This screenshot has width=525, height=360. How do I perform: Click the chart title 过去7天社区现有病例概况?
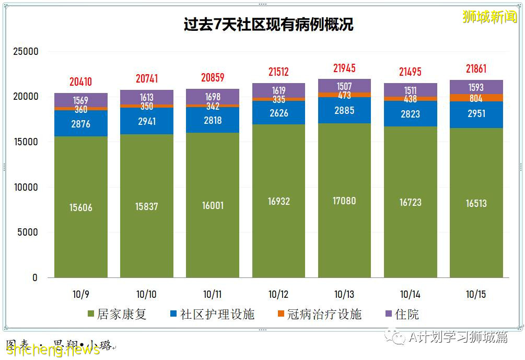point(268,24)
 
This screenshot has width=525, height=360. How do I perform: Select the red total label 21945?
point(344,68)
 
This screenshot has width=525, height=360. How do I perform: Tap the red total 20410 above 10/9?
point(80,82)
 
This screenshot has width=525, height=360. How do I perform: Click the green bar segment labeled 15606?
point(80,207)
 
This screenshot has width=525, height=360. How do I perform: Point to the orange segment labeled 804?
point(476,98)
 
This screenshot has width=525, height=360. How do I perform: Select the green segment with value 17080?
point(344,201)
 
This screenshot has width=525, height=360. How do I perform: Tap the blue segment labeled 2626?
point(278,113)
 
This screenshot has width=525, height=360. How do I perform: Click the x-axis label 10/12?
point(278,295)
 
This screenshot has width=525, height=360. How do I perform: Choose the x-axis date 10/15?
point(476,295)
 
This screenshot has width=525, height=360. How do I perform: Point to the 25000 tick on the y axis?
point(26,52)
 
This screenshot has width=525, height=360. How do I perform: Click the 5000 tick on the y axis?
point(28,233)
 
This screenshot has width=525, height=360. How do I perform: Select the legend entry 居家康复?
point(117,314)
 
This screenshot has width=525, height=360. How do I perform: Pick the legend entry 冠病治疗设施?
point(319,314)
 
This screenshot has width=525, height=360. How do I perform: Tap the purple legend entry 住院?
point(402,314)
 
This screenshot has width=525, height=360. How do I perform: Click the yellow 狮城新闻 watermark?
point(489,17)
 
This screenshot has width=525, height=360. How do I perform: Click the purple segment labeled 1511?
point(410,90)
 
